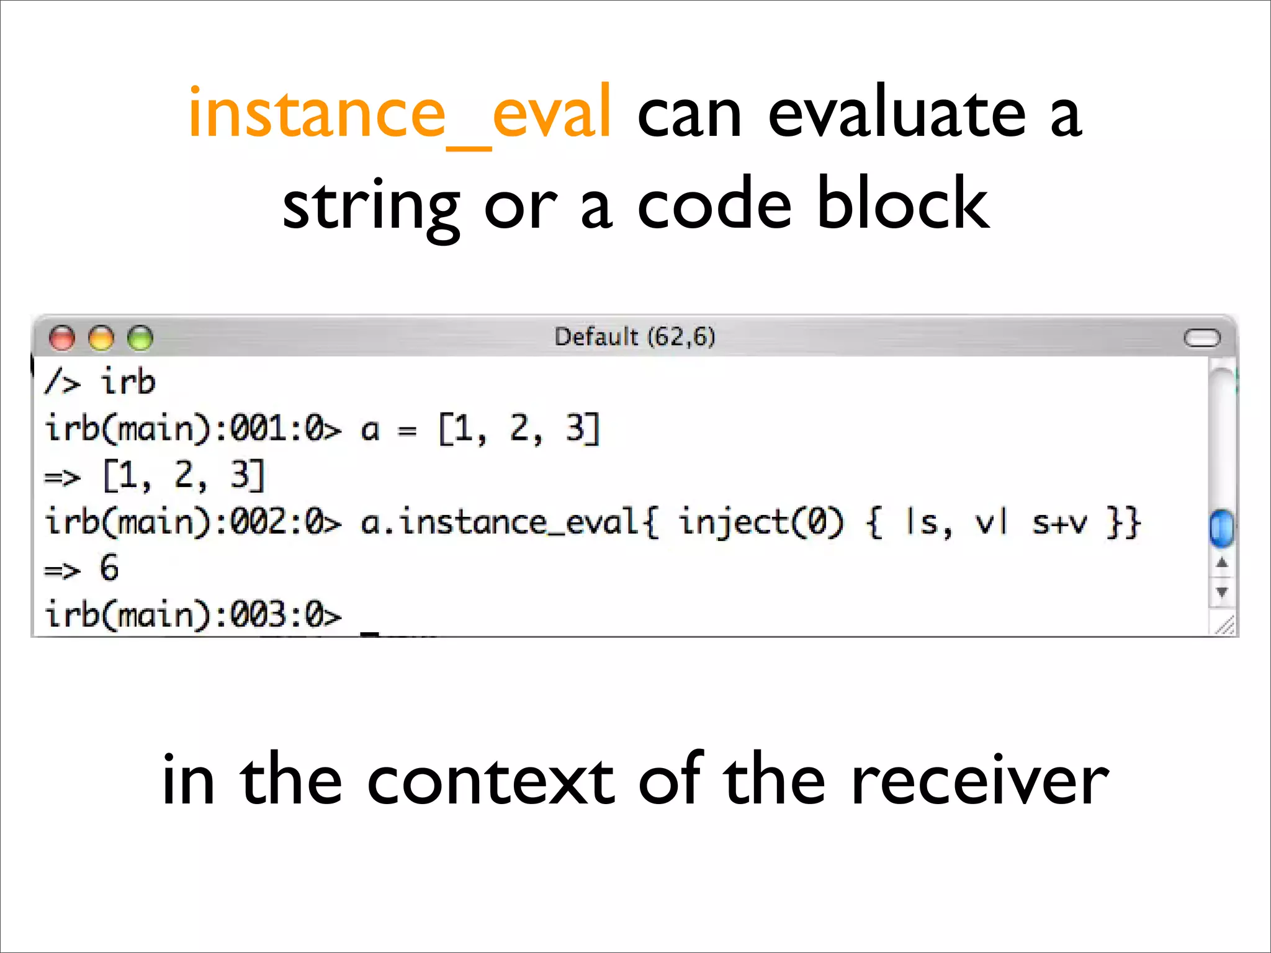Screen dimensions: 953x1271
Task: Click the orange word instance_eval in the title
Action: point(400,114)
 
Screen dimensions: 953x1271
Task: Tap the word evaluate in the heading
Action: point(897,114)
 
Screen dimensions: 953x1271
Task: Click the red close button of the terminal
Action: point(61,338)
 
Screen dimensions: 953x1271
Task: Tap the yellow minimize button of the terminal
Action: point(101,338)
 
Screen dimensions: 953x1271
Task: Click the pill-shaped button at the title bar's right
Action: point(1201,338)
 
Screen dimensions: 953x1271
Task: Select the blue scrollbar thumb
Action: point(1221,528)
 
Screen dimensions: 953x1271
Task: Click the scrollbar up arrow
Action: point(1221,563)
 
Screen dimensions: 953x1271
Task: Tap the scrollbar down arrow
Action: point(1221,592)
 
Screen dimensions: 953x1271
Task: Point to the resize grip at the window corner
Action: point(1224,625)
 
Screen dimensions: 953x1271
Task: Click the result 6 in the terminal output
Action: point(109,568)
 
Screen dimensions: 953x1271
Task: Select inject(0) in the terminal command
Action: point(761,522)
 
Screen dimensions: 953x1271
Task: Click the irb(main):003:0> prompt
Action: point(192,615)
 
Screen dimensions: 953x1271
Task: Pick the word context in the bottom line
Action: point(490,781)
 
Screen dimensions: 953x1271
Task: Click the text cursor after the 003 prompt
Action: point(370,632)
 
